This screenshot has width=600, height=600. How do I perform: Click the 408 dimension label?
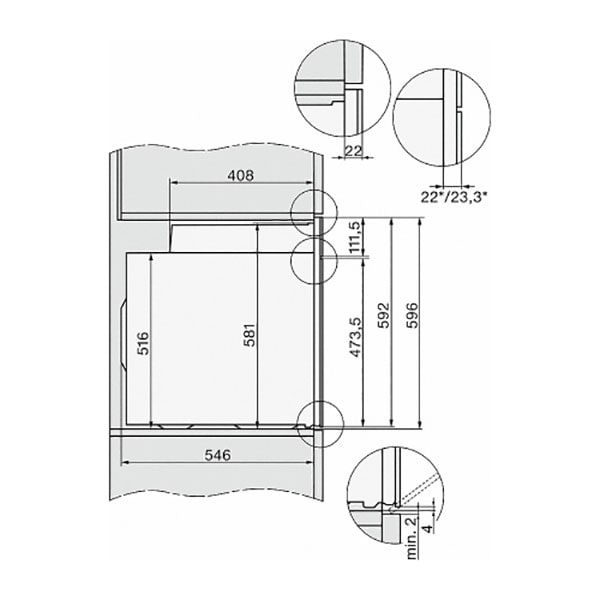pyautogui.click(x=240, y=176)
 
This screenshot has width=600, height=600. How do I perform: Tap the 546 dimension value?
pyautogui.click(x=218, y=455)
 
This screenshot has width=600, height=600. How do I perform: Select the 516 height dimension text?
pyautogui.click(x=143, y=343)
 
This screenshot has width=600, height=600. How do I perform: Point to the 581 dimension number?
pyautogui.click(x=249, y=335)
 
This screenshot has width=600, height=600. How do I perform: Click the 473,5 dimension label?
pyautogui.click(x=355, y=337)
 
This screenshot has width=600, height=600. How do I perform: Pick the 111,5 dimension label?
pyautogui.click(x=355, y=237)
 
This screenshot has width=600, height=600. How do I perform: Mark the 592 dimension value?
pyautogui.click(x=383, y=315)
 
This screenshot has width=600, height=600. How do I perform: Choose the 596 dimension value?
pyautogui.click(x=412, y=315)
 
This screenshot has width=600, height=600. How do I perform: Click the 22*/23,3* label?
pyautogui.click(x=454, y=197)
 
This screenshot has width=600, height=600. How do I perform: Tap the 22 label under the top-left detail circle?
pyautogui.click(x=353, y=151)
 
